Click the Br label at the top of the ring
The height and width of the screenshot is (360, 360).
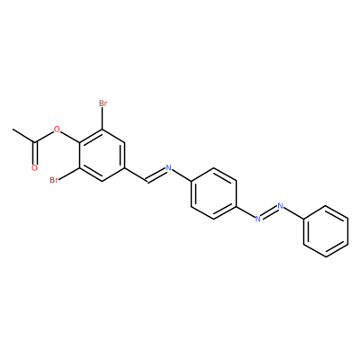(x=103, y=103)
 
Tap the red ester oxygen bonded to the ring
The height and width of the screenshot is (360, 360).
(x=57, y=130)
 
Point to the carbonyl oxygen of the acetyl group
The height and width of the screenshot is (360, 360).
(x=34, y=168)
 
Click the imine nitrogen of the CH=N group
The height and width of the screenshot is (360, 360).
(x=168, y=168)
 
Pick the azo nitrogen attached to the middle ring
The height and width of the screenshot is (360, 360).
(x=257, y=219)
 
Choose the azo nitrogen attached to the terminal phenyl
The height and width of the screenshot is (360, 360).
(x=281, y=206)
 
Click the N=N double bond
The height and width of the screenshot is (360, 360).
(x=269, y=212)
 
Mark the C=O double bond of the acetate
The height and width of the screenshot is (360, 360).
(x=34, y=153)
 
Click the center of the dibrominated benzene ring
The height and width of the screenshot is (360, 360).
(x=103, y=156)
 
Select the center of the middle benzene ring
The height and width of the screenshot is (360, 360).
(x=213, y=193)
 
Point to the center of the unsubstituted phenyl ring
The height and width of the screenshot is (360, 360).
(x=325, y=231)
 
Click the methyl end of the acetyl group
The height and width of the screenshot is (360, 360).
(x=13, y=130)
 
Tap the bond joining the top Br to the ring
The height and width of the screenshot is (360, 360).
(x=103, y=119)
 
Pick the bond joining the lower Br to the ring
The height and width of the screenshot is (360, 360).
(x=69, y=175)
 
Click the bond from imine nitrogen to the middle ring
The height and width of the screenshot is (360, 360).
(x=182, y=175)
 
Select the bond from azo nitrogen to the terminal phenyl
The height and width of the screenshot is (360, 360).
(x=293, y=213)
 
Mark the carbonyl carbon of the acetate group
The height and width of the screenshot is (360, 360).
(x=35, y=142)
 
